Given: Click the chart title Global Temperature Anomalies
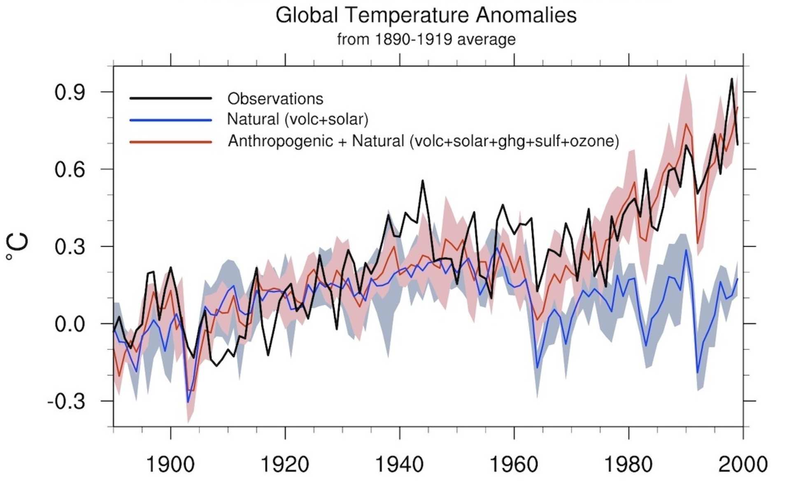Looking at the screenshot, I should tap(426, 16).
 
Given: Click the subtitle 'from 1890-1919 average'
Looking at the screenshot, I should tap(426, 40).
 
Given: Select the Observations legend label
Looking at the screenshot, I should tap(275, 99).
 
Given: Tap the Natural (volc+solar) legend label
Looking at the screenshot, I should tap(298, 119).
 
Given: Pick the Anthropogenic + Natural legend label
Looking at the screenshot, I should tap(424, 141).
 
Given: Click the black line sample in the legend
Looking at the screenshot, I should tap(170, 98).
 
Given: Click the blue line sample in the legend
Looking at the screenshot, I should tap(170, 120).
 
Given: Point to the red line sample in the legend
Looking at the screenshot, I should tap(170, 142).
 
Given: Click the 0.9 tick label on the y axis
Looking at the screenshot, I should tap(70, 93).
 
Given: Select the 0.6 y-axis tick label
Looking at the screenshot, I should tap(70, 170).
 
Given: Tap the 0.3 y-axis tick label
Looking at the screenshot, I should tap(70, 247).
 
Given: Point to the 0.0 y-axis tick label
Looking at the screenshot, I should tap(70, 324).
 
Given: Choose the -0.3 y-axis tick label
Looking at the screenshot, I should tap(66, 401).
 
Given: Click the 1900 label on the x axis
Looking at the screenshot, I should tap(170, 465).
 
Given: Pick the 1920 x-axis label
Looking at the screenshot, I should tap(285, 465).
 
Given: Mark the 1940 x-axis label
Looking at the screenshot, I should tap(399, 465).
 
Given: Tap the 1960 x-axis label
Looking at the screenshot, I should tap(514, 465).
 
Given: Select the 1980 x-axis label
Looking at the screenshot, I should tap(628, 465).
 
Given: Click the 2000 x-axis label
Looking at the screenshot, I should tap(742, 465).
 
